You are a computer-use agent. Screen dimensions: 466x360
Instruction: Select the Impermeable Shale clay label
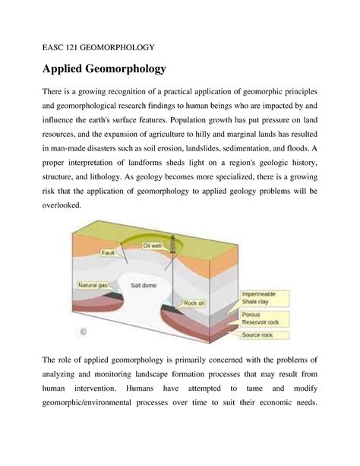click(260, 297)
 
